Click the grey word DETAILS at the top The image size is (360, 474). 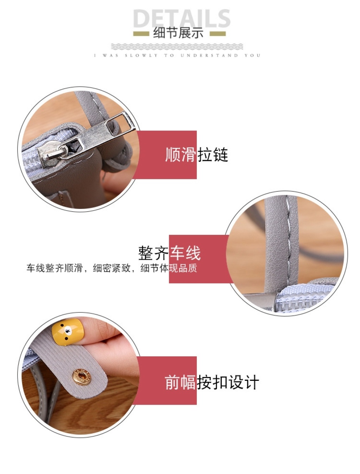(x=182, y=18)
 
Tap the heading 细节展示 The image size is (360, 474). (x=178, y=33)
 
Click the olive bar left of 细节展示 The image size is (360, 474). (x=141, y=34)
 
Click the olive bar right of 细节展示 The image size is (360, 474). (x=218, y=34)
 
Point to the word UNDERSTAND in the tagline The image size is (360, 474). (x=209, y=55)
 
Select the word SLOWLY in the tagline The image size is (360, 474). (x=141, y=55)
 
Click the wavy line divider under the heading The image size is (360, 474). (x=177, y=46)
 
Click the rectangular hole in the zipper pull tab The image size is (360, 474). (x=112, y=125)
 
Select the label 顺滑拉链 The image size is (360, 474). (x=197, y=154)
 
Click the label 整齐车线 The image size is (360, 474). (x=169, y=253)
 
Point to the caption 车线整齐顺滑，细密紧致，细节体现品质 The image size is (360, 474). (x=111, y=268)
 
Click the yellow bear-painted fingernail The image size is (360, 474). (x=67, y=332)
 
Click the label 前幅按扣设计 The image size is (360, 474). (x=212, y=382)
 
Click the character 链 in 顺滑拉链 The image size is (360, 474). (x=220, y=154)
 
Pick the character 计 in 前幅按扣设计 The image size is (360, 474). (x=251, y=382)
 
